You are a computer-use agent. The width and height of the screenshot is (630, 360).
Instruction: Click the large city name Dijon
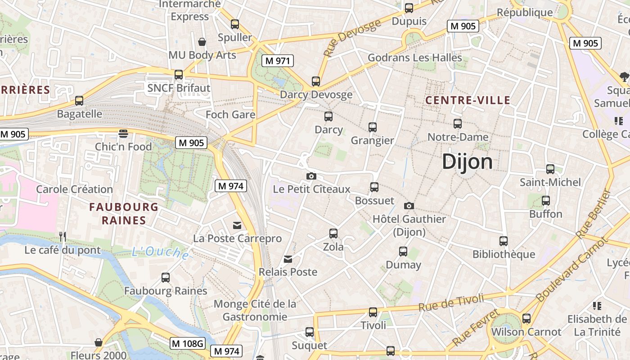pos(467,162)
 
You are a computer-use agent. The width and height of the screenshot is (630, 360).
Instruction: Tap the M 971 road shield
pos(278,61)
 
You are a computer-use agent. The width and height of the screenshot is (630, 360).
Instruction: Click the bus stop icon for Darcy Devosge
pos(316,81)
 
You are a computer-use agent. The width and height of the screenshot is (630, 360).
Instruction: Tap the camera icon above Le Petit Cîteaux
pos(311,176)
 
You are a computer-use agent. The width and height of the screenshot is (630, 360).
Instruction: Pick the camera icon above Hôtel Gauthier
pos(409,206)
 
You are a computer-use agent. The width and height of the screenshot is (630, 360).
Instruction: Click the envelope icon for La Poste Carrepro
pos(237,225)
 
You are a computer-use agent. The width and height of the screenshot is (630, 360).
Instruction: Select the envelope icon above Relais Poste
pos(288,259)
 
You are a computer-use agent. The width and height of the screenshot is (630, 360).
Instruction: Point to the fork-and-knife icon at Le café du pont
pos(63,236)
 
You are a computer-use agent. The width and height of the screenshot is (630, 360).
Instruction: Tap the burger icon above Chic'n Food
pos(123,133)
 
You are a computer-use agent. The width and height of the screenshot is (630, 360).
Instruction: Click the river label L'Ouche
pos(161,252)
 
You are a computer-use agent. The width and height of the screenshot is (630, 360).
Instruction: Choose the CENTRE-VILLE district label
pos(468,100)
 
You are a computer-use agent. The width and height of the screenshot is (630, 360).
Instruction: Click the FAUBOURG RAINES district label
pos(124,214)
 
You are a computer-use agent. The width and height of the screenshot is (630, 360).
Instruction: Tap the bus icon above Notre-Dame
pos(458,123)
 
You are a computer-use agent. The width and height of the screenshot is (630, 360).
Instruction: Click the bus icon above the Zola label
pos(333,233)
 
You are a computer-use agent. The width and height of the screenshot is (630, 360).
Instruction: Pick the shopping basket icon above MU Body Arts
pos(202,42)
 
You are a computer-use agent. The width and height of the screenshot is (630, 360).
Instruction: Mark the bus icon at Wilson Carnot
pos(526,319)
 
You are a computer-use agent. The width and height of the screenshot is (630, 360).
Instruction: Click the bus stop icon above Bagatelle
pos(79,100)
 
